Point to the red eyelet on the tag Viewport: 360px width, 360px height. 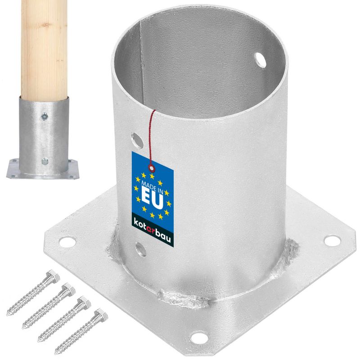pyautogui.click(x=152, y=168)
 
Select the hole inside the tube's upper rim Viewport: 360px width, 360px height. pyautogui.click(x=261, y=60)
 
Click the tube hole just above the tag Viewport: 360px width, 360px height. pyautogui.click(x=137, y=140)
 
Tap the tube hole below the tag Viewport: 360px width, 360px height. pyautogui.click(x=140, y=250)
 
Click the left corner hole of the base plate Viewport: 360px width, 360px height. pyautogui.click(x=67, y=242)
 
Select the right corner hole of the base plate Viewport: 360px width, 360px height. pyautogui.click(x=332, y=240)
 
